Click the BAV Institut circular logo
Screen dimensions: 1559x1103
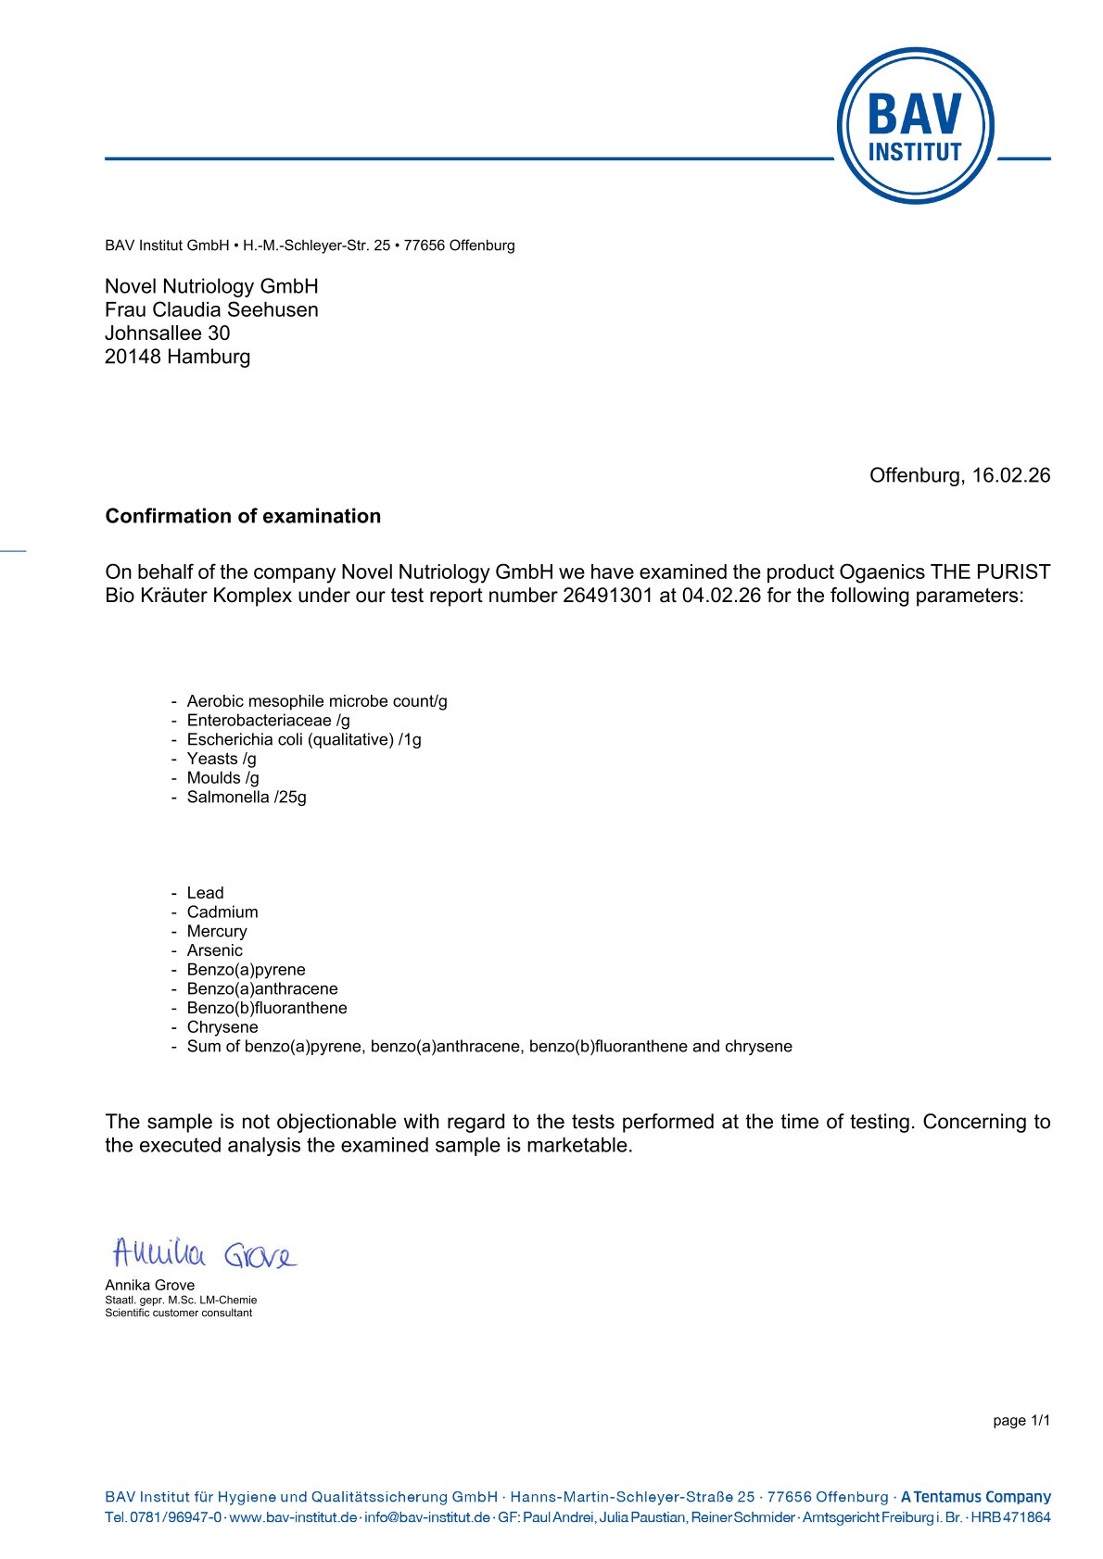click(x=915, y=126)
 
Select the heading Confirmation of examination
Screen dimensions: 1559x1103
click(x=243, y=516)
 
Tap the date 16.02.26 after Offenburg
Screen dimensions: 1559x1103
click(x=1011, y=475)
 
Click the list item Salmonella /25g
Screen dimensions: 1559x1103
click(x=247, y=797)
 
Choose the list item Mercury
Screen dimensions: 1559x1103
click(x=217, y=931)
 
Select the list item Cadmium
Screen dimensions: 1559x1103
click(x=222, y=912)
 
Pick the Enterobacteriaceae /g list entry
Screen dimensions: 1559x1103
click(x=269, y=721)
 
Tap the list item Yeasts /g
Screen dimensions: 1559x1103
click(x=222, y=759)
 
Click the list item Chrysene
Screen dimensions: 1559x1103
click(x=222, y=1027)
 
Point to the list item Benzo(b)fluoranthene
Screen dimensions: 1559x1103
click(x=267, y=1008)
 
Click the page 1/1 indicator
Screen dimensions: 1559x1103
click(x=1021, y=1421)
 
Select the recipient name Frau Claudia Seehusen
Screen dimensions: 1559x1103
click(x=211, y=309)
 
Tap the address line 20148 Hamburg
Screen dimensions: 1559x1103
click(x=177, y=357)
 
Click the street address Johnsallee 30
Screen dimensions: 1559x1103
click(x=167, y=333)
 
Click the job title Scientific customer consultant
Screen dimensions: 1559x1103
click(x=178, y=1313)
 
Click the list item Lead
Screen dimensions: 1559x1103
click(x=205, y=893)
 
